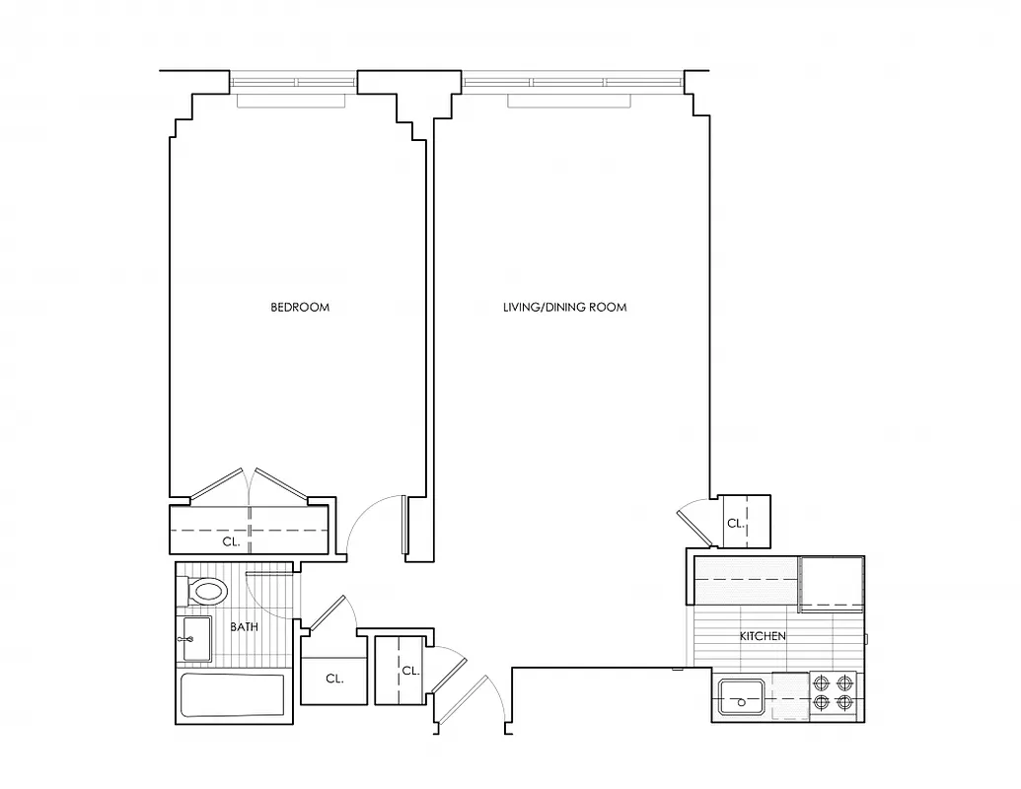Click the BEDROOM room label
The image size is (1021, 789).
(300, 307)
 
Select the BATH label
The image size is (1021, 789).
(244, 626)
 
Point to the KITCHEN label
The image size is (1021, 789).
(763, 636)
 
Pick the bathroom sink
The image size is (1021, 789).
(194, 640)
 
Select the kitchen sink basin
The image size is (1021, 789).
(741, 698)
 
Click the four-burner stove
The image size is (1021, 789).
(834, 693)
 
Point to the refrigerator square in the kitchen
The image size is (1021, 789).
(831, 583)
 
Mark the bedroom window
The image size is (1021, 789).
(293, 82)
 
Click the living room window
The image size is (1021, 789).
(572, 82)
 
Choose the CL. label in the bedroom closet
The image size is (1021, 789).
(231, 541)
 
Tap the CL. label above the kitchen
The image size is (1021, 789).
(735, 524)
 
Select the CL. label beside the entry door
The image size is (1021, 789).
(410, 671)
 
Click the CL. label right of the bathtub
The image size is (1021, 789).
(333, 679)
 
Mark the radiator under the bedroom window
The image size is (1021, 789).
(291, 101)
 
